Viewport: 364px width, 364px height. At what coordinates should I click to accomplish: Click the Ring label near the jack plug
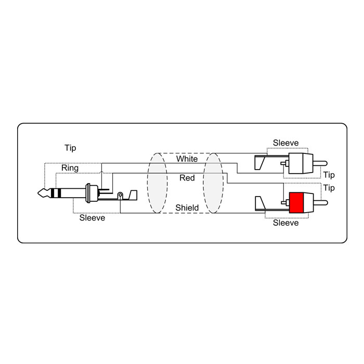tap(70, 168)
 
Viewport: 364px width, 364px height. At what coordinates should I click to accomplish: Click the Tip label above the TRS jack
tap(70, 148)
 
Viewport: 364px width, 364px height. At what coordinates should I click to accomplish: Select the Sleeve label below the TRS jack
tap(92, 218)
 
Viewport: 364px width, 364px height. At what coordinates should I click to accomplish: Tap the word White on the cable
tap(187, 159)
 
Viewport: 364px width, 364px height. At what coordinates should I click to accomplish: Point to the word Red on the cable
tap(187, 178)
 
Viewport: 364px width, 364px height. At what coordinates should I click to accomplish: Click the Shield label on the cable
tap(187, 207)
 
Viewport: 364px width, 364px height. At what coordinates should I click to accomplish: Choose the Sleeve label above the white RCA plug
tap(286, 143)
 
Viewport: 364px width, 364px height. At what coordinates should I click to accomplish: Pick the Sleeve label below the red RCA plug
tap(286, 223)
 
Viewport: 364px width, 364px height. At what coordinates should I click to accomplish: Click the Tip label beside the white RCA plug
tap(329, 175)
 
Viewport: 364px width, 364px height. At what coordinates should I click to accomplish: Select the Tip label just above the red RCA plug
tap(329, 188)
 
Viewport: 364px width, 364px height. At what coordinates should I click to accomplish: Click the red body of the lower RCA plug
tap(296, 203)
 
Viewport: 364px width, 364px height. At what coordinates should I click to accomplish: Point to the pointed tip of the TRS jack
tap(38, 193)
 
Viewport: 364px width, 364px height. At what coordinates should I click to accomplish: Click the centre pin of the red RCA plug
tap(320, 203)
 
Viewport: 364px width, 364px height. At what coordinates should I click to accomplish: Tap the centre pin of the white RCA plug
tap(320, 163)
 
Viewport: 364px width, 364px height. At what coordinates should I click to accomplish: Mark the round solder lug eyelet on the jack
tap(120, 195)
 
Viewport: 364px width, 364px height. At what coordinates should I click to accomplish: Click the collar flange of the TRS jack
tap(88, 193)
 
